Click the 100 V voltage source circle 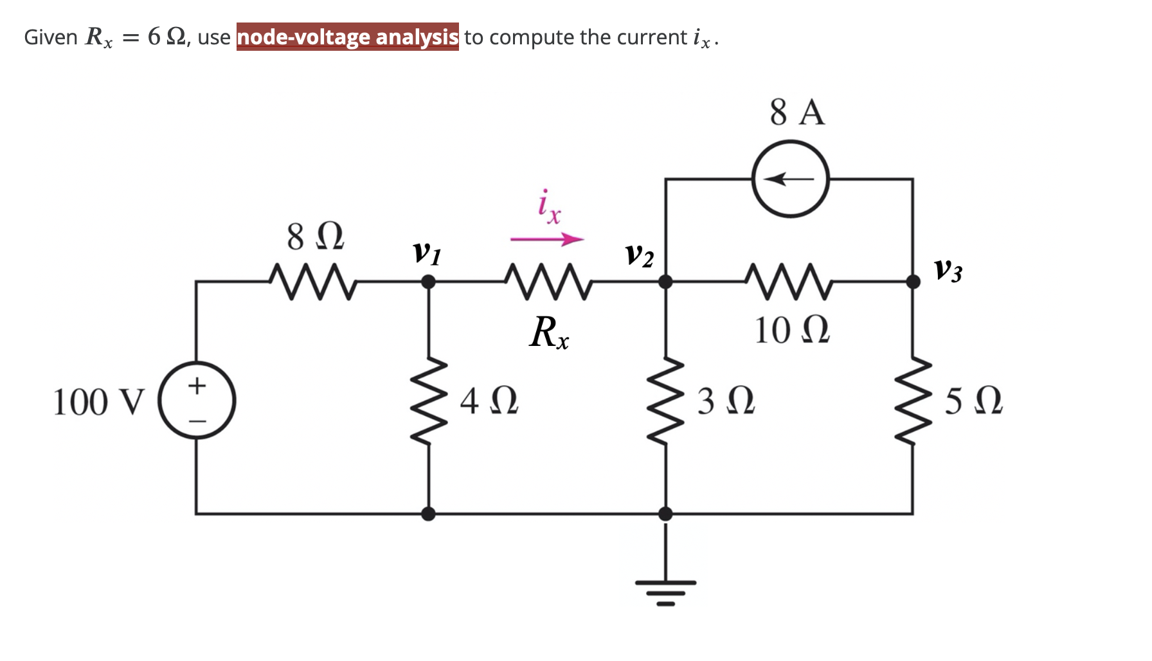[x=197, y=401]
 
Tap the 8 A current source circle [x=790, y=179]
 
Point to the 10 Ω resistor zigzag [x=789, y=282]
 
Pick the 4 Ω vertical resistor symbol [x=428, y=401]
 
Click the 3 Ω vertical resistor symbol [x=665, y=401]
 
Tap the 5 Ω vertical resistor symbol [x=913, y=401]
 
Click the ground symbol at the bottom [x=665, y=588]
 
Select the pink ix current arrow [x=547, y=240]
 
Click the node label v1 [x=426, y=252]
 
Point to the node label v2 [x=639, y=255]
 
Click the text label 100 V [x=99, y=403]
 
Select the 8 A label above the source [x=797, y=112]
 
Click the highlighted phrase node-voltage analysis [x=347, y=37]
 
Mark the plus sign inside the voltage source [x=197, y=386]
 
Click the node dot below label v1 [x=428, y=282]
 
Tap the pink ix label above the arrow [x=548, y=206]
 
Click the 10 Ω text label [x=791, y=330]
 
